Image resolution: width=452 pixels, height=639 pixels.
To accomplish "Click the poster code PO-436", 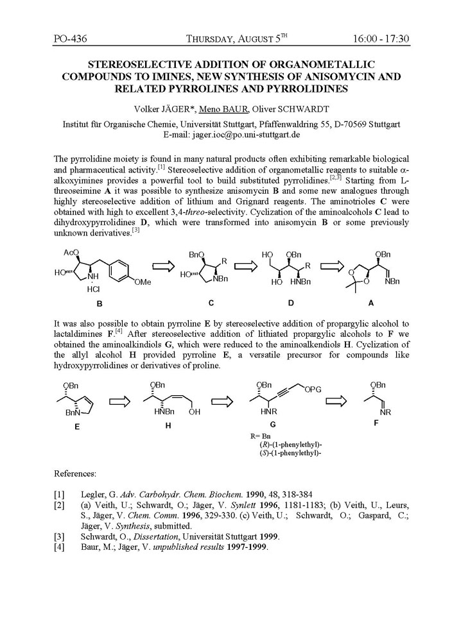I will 71,39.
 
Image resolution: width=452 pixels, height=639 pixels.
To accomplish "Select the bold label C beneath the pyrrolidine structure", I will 211,302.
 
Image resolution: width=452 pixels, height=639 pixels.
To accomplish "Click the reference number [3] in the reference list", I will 60,536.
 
